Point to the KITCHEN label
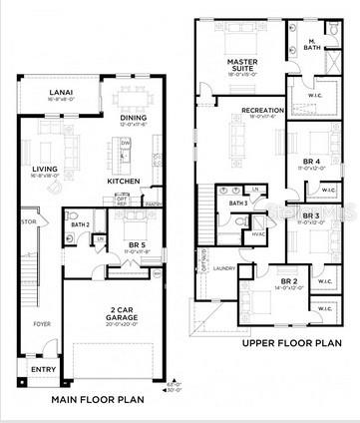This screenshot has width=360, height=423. pyautogui.click(x=124, y=181)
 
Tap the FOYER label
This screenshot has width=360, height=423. pyautogui.click(x=41, y=324)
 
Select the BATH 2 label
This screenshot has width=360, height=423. pyautogui.click(x=81, y=225)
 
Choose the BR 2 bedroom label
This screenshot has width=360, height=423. pyautogui.click(x=289, y=282)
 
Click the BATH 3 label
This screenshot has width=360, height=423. pyautogui.click(x=238, y=203)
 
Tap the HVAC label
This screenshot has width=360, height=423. pyautogui.click(x=258, y=235)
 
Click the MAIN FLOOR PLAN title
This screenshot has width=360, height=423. pyautogui.click(x=98, y=399)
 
